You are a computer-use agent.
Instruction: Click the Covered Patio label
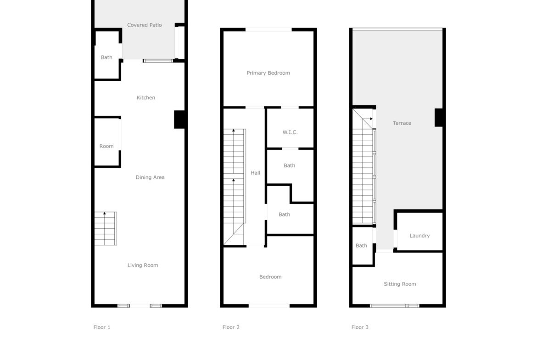[144, 25]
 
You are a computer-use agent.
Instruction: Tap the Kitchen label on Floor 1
[146, 98]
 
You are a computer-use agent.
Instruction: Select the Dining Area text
[150, 177]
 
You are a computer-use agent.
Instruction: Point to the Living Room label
[143, 265]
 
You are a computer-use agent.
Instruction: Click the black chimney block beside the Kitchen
[180, 119]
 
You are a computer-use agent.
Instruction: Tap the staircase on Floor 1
[106, 228]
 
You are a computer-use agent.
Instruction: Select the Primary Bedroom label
[268, 73]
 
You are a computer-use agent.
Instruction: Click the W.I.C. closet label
[290, 132]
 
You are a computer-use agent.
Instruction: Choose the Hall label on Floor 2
[255, 173]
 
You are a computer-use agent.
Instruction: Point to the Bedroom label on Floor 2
[270, 277]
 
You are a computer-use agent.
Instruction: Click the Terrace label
[402, 123]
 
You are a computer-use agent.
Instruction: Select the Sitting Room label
[400, 284]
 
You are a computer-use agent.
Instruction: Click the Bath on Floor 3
[361, 245]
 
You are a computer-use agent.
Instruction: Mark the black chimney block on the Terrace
[440, 117]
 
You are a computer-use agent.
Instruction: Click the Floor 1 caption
[102, 327]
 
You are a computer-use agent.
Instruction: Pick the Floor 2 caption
[231, 327]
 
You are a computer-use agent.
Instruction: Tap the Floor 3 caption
[360, 327]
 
